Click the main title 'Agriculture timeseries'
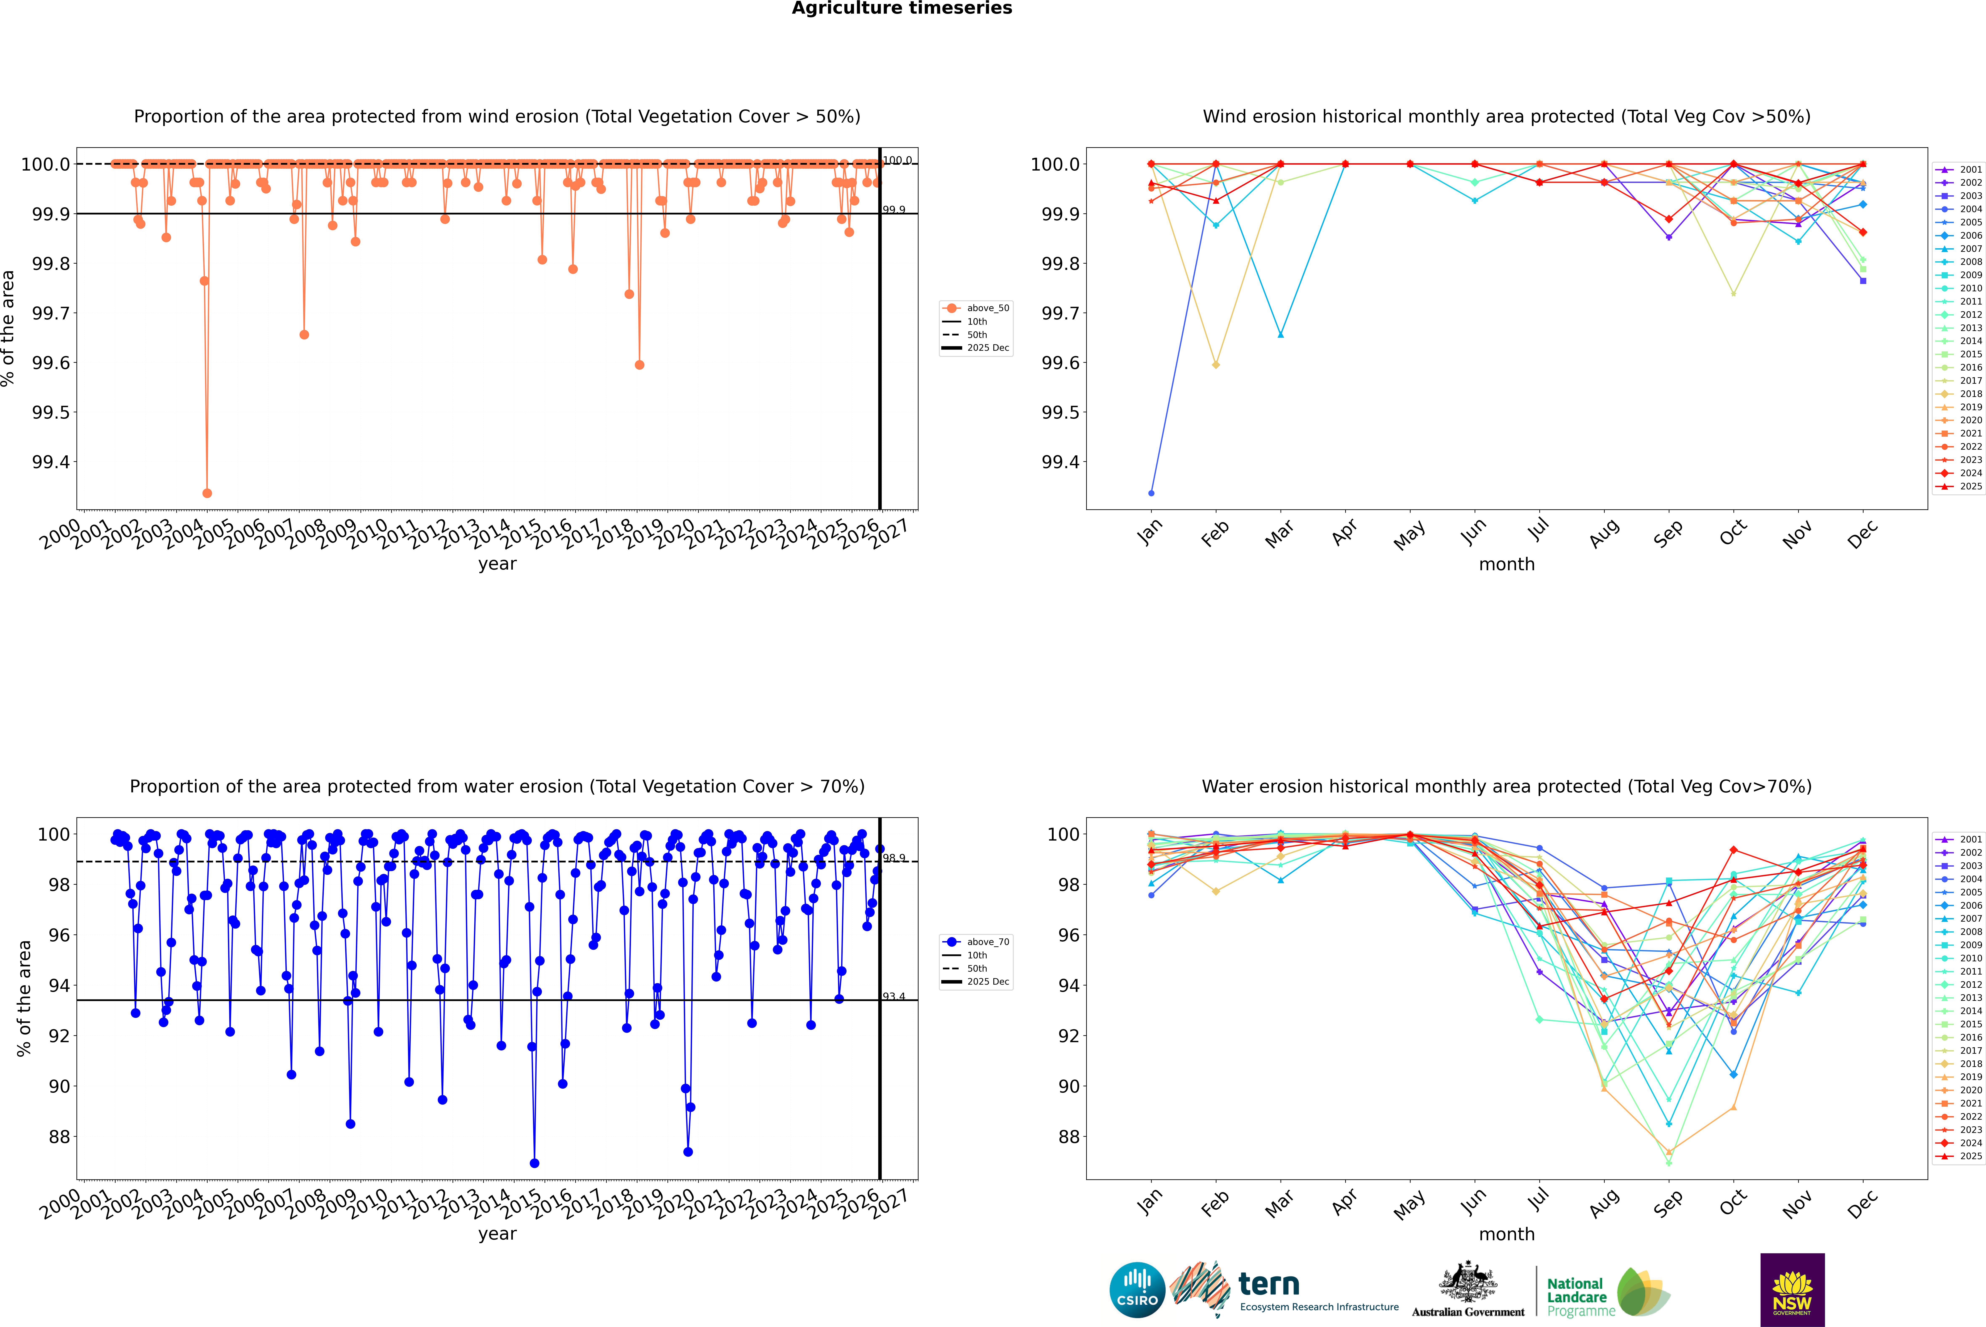(902, 8)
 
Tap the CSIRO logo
(1137, 1290)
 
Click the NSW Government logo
(1792, 1290)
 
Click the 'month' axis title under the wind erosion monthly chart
(1506, 565)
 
